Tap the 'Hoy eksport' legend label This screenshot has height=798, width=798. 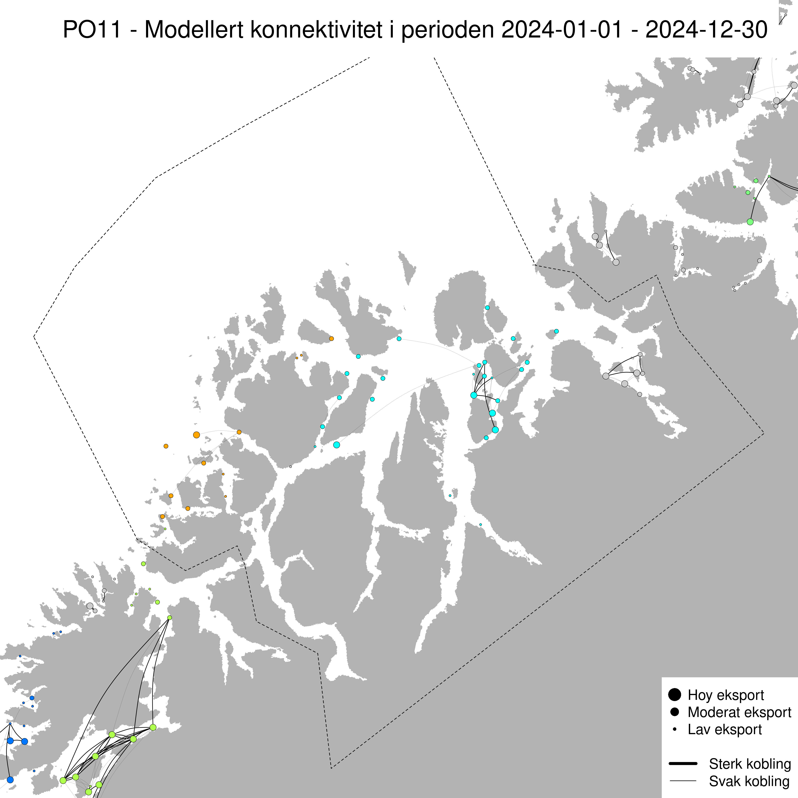point(726,695)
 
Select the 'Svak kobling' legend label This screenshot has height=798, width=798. point(749,781)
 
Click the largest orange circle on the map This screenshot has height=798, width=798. point(196,435)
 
